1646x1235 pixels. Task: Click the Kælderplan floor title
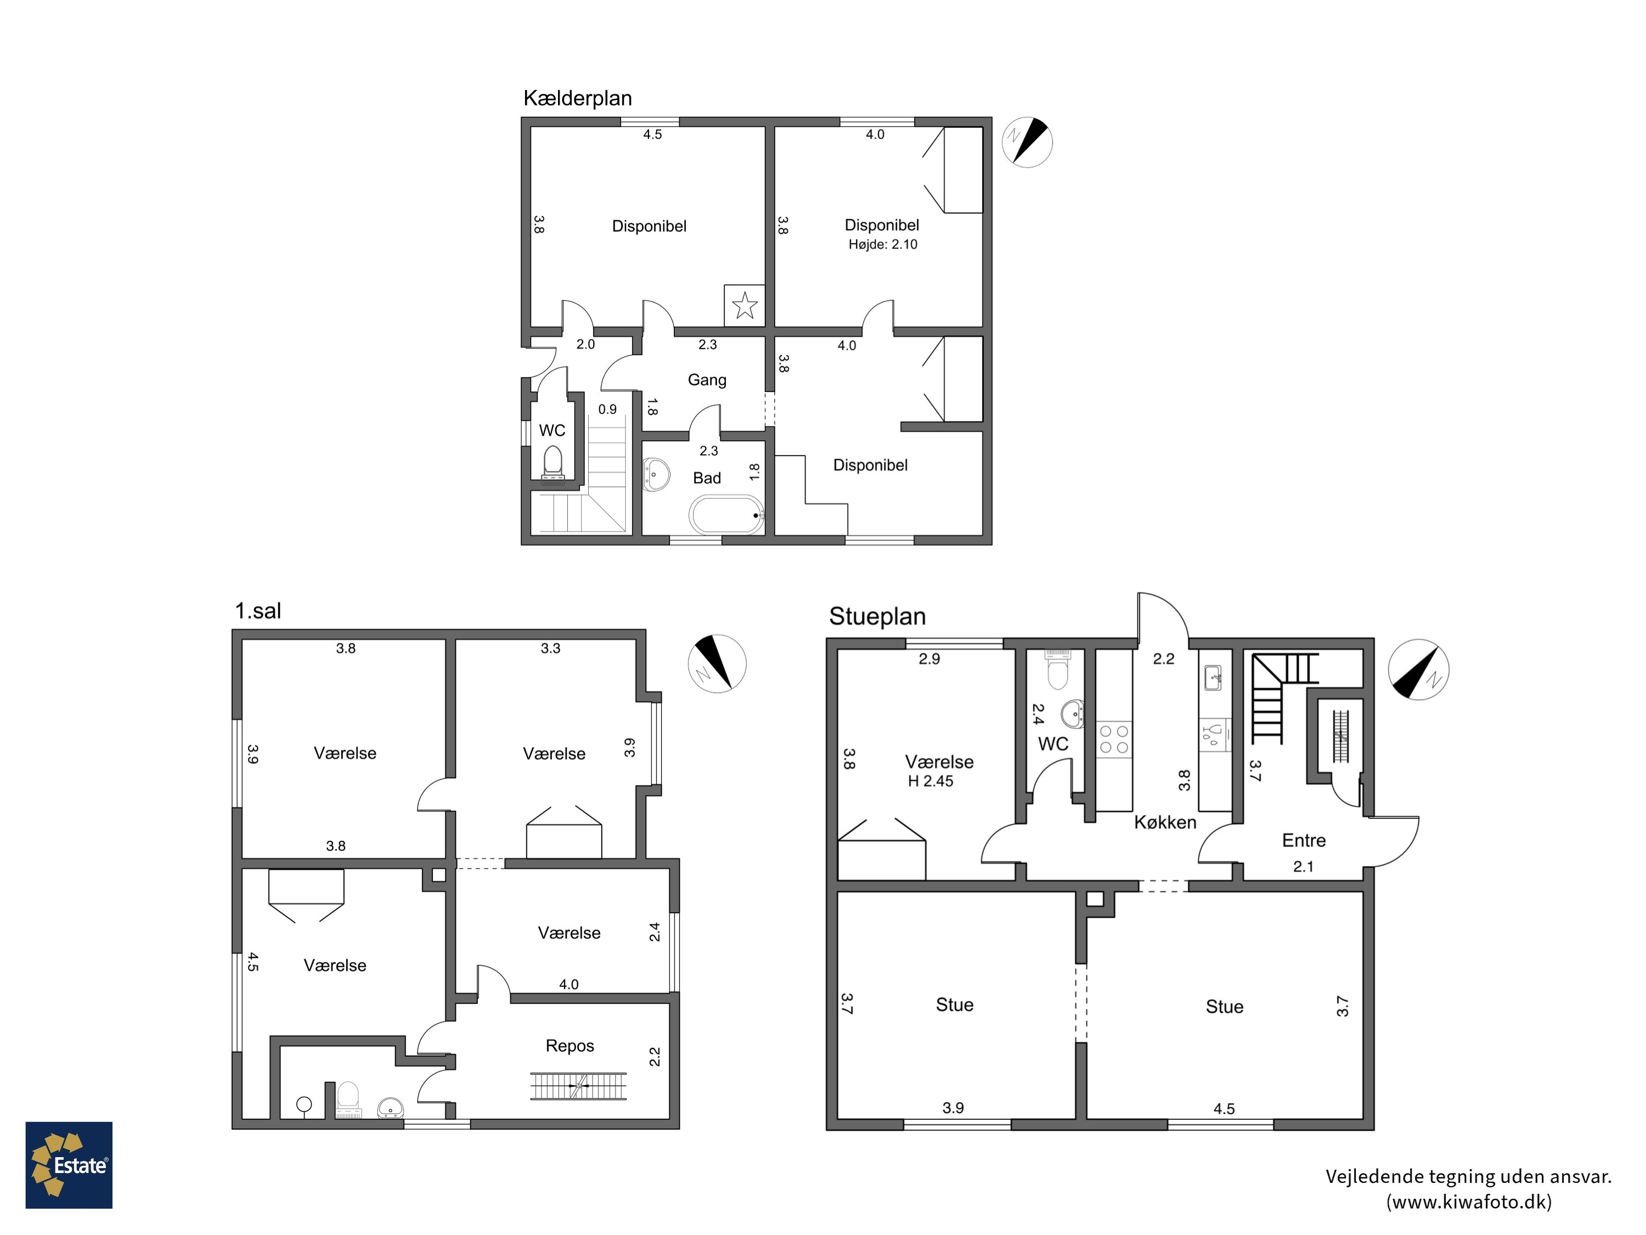(577, 98)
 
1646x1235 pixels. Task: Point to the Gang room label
(707, 380)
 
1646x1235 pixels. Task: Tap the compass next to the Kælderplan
(1027, 142)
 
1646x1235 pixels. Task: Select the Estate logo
(69, 1165)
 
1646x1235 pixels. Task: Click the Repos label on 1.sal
(570, 1046)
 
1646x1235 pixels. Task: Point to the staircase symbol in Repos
(578, 1086)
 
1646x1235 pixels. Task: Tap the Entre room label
(1304, 840)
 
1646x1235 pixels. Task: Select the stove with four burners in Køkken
(1114, 740)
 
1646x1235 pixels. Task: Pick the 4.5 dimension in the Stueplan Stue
(1224, 1108)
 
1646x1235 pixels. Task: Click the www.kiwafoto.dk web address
(1469, 1202)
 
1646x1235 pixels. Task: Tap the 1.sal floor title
(258, 611)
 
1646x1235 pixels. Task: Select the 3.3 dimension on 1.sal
(551, 648)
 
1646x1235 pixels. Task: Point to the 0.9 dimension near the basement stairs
(607, 409)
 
